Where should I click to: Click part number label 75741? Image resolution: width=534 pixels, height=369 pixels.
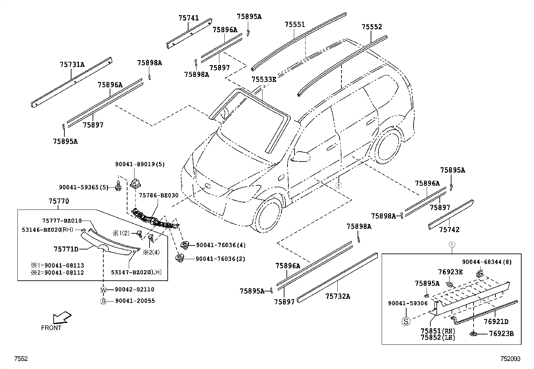coord(189,18)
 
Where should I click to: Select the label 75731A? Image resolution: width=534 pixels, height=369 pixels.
coord(72,64)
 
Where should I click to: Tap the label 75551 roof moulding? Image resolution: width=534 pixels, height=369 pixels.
coord(295,25)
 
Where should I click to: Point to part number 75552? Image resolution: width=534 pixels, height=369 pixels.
coord(372,27)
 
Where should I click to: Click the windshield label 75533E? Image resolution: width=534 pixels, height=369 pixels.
coord(264,80)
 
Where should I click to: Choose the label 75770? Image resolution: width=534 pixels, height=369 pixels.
coord(59,201)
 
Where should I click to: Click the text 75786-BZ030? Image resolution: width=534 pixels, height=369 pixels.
coord(159,195)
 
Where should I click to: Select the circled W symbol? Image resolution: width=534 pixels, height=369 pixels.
coord(103,290)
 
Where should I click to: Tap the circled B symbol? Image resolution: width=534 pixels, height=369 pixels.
coord(103,301)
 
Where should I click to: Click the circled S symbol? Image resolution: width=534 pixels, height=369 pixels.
coord(406,321)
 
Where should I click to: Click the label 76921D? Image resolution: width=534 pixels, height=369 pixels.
coord(496,322)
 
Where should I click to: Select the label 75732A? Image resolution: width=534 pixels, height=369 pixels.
coord(337,296)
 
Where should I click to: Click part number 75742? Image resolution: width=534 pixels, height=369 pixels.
coord(449,230)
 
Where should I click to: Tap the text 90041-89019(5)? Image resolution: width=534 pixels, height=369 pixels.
coord(140,165)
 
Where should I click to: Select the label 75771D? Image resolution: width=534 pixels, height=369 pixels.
coord(66,249)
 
